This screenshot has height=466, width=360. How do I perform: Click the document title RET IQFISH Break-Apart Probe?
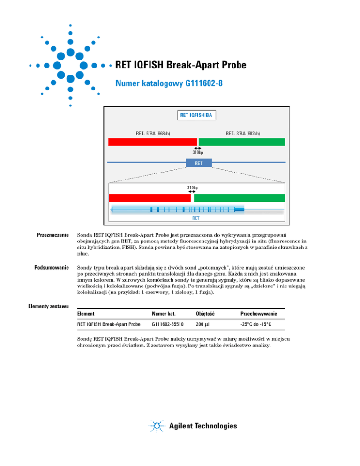[x=180, y=65]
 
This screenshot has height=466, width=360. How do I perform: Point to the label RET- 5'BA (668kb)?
[x=153, y=133]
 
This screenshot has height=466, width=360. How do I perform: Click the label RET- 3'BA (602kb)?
[x=243, y=133]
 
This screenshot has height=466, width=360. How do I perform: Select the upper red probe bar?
[x=152, y=142]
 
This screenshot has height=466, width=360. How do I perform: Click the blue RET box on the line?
[x=199, y=163]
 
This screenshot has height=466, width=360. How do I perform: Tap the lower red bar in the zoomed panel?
[x=148, y=197]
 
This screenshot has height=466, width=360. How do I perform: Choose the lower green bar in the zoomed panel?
[x=239, y=197]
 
